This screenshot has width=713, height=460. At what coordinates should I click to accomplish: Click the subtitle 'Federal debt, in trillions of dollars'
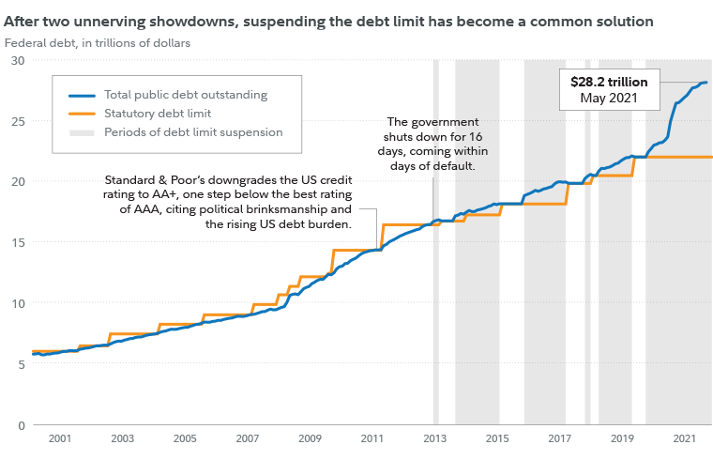98,42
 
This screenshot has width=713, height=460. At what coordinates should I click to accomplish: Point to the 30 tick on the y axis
17,60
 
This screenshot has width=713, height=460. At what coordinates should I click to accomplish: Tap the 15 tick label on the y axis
17,242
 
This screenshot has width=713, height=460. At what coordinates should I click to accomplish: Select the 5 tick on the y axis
20,364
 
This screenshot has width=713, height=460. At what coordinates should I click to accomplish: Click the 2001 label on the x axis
60,438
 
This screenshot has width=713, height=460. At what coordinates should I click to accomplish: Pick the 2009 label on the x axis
310,438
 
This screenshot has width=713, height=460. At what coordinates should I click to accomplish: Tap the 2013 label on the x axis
434,438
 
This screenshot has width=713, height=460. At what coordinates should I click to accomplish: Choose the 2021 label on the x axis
684,438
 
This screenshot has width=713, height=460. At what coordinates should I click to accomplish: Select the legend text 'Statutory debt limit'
159,114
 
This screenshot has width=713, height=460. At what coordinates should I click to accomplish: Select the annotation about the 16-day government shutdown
432,144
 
